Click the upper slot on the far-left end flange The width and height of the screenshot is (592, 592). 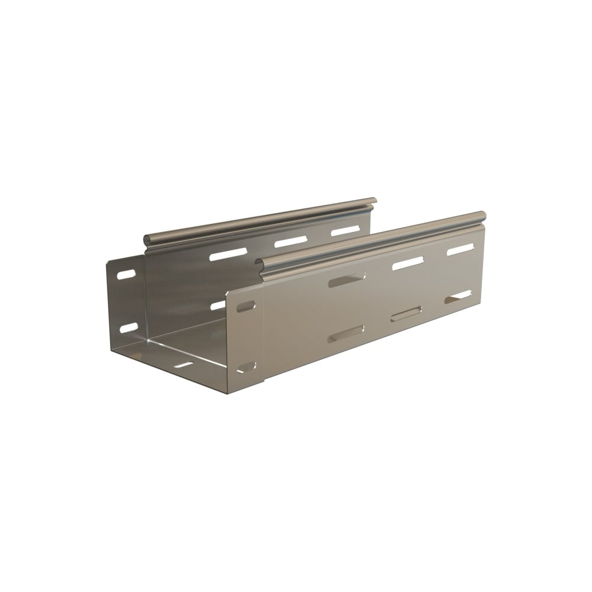(126, 275)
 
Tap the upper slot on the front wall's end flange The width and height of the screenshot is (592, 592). (245, 307)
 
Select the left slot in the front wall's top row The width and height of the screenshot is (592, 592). (347, 280)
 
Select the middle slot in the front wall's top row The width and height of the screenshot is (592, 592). (408, 263)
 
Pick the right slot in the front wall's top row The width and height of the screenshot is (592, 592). (461, 249)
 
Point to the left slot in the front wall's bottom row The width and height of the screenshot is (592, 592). (346, 333)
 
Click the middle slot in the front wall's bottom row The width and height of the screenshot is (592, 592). (406, 314)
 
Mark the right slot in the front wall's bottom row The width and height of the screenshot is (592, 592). (458, 297)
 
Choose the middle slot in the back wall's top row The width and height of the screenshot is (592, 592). (291, 242)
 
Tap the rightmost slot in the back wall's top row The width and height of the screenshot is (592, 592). (345, 230)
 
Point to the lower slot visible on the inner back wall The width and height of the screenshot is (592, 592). (218, 305)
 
